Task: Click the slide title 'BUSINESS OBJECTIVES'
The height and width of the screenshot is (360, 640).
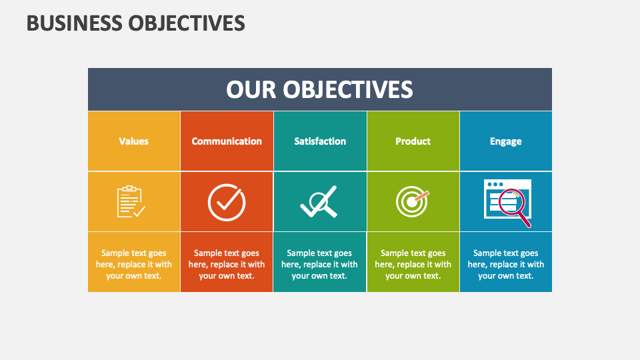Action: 135,23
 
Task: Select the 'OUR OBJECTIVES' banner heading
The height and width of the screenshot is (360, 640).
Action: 319,89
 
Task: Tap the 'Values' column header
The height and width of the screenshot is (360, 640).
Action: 133,141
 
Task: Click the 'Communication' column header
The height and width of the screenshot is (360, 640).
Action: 227,141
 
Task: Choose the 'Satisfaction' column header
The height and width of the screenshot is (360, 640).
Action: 320,141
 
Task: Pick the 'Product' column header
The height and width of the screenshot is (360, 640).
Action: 413,141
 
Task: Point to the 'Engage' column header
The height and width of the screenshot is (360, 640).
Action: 505,141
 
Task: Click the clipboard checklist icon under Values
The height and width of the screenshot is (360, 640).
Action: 131,202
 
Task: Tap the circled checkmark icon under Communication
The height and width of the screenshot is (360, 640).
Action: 227,202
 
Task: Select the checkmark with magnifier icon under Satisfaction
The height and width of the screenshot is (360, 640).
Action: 319,202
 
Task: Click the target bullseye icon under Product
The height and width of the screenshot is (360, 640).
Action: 411,201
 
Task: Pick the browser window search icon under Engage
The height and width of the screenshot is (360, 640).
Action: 507,201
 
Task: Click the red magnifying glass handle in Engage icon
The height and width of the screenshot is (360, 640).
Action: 525,219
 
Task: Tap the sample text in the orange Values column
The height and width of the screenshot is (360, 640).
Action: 133,264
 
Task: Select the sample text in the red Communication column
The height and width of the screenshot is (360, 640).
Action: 227,264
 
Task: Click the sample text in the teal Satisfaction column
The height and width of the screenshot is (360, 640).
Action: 319,264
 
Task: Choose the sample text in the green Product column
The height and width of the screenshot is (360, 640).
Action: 413,264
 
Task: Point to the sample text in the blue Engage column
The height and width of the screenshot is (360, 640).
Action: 505,264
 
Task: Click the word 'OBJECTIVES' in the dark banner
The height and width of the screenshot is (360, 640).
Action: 347,89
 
